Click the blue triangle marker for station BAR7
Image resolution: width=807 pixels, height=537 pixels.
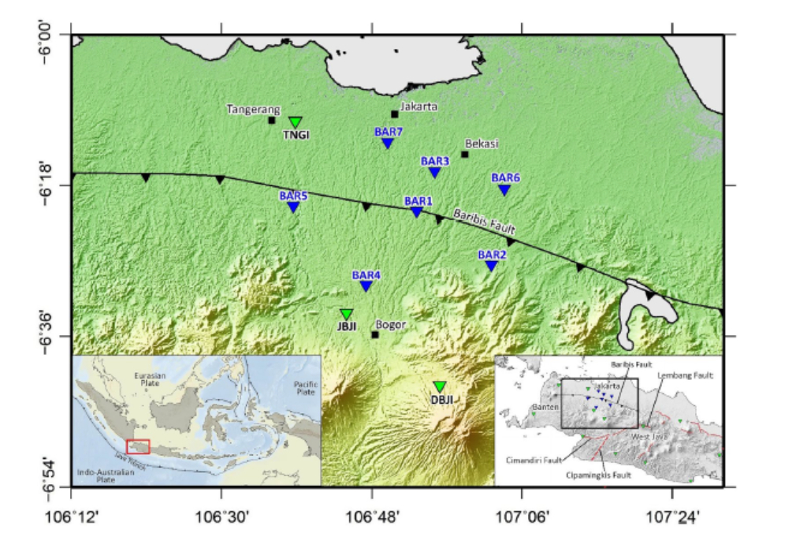click(388, 143)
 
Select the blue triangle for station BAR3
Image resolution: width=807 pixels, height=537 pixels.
click(434, 172)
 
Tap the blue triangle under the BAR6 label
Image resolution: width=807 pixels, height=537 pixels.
click(504, 189)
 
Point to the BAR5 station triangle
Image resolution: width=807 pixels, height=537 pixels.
click(293, 207)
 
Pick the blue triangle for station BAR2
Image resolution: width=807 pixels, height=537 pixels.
click(491, 266)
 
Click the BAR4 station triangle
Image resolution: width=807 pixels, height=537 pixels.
click(366, 285)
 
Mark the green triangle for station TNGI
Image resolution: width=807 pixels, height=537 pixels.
click(296, 121)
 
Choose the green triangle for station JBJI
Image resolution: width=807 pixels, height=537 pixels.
click(346, 314)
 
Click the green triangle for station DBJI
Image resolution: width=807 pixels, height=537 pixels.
click(440, 386)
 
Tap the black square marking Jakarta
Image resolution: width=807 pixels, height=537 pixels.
click(395, 114)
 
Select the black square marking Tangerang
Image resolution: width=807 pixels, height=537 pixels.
click(271, 120)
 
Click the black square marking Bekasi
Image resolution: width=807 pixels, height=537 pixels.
click(465, 154)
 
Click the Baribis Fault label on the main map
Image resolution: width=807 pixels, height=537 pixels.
click(484, 222)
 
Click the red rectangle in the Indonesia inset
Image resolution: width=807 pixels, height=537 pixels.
click(138, 446)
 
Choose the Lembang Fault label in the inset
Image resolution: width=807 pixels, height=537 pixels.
click(684, 376)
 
